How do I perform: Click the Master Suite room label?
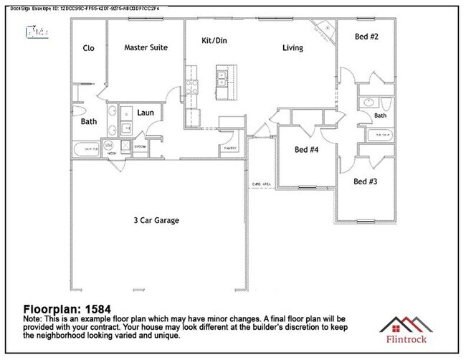point(146,48)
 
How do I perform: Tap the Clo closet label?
point(89,48)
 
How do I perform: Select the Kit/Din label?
point(213,41)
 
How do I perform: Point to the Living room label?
point(292,48)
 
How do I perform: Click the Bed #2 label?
point(366,37)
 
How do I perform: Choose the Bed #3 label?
point(366,181)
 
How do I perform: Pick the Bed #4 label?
point(306,151)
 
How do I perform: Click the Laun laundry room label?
point(146,113)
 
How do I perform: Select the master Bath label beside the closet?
point(89,122)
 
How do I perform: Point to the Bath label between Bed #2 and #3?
point(380,115)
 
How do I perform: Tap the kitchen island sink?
point(222,75)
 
